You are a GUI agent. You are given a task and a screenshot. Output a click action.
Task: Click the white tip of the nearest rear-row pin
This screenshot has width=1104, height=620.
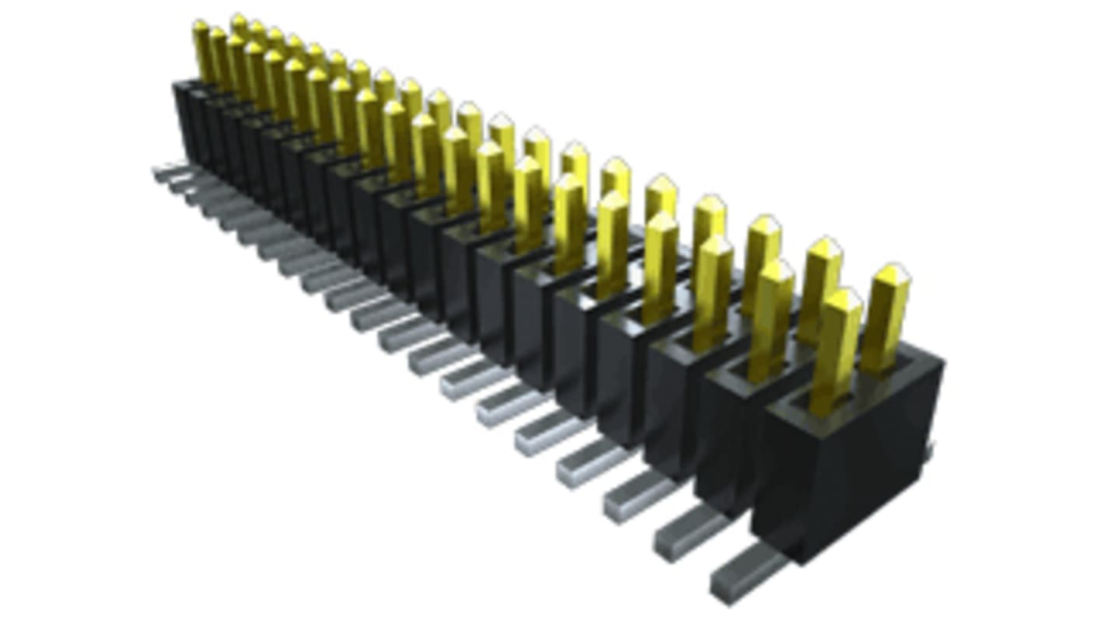(x=895, y=273)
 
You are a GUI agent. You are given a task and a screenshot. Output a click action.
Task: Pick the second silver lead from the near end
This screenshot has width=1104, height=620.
(x=688, y=532)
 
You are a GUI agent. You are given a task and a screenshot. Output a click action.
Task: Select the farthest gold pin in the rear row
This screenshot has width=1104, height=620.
(x=239, y=27)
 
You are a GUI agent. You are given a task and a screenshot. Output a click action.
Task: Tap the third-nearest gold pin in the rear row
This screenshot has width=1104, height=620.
(x=762, y=264)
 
